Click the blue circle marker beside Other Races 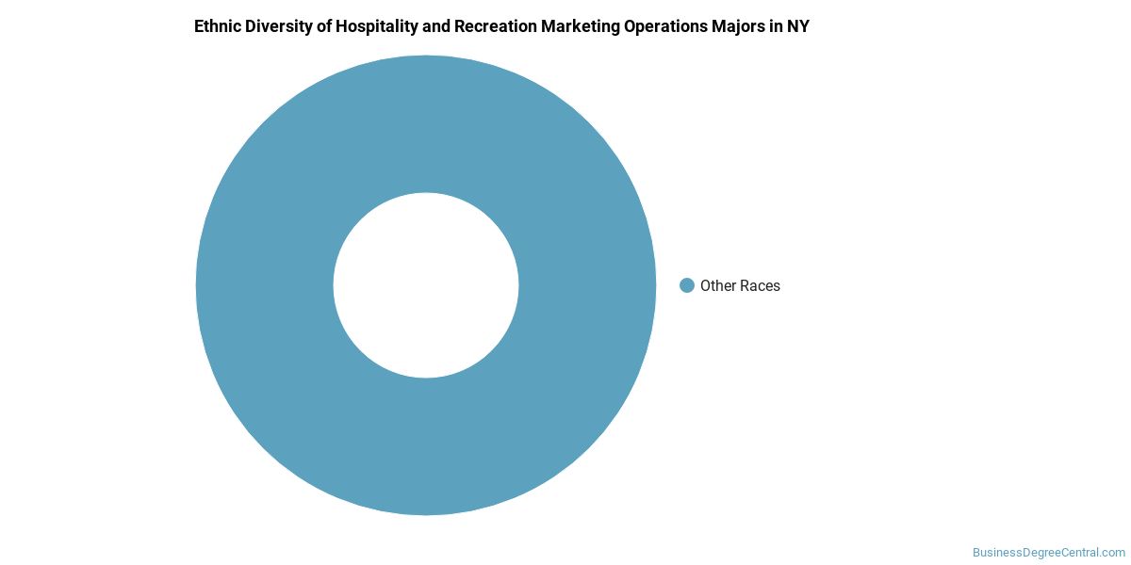(x=687, y=285)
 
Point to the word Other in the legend (x=718, y=285)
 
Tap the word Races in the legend (x=760, y=285)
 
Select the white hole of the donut (x=426, y=285)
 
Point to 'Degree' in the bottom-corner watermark (x=1040, y=553)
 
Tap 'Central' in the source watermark (x=1080, y=553)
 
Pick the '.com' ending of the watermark (x=1114, y=553)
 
